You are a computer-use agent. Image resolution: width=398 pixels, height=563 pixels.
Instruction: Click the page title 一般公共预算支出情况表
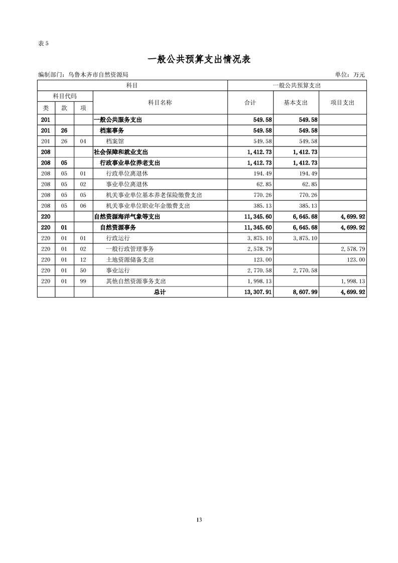tap(199, 59)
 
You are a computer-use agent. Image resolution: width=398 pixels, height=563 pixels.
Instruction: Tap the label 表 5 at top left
tap(43, 43)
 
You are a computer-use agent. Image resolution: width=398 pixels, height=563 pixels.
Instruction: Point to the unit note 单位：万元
tap(350, 75)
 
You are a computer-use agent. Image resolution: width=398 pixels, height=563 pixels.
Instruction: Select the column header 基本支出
tap(296, 102)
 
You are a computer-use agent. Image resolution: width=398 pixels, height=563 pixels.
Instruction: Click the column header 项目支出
tap(342, 102)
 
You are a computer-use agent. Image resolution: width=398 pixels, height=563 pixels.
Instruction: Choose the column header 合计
tap(250, 102)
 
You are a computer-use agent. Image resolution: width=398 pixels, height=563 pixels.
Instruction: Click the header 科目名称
tap(160, 102)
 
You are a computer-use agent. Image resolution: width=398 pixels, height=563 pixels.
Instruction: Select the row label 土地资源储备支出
tap(130, 260)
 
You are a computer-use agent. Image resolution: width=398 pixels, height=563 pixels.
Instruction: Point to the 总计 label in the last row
tap(160, 292)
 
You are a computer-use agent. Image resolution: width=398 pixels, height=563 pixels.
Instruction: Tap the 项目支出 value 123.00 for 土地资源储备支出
tap(354, 260)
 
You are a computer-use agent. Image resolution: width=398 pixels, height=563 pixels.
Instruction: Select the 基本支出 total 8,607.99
tap(304, 292)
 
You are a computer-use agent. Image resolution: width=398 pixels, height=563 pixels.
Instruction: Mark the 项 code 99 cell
tap(83, 281)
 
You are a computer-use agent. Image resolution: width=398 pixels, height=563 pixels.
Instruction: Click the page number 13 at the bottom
tap(199, 519)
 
